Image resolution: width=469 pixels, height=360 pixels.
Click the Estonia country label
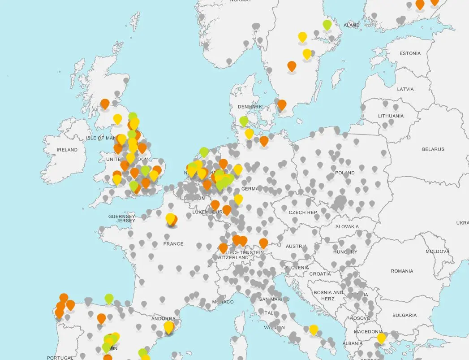pyautogui.click(x=410, y=53)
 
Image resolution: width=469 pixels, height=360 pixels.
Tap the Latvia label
pyautogui.click(x=405, y=89)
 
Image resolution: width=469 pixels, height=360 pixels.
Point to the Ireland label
pyautogui.click(x=67, y=150)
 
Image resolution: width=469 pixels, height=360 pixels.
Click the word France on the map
pyautogui.click(x=173, y=244)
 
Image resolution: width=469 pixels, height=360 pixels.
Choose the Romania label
pyautogui.click(x=402, y=271)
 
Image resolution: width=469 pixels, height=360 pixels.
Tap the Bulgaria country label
pyautogui.click(x=404, y=316)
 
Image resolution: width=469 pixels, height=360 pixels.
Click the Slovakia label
pyautogui.click(x=347, y=227)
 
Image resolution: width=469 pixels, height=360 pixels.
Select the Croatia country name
pyautogui.click(x=320, y=274)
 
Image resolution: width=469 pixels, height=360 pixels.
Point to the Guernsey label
pyautogui.click(x=122, y=217)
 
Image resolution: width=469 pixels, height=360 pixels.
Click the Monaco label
pyautogui.click(x=223, y=302)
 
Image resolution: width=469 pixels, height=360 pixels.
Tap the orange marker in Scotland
pyautogui.click(x=105, y=104)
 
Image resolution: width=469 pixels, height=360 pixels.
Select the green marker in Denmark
pyautogui.click(x=244, y=121)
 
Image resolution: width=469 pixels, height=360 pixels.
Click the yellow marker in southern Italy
pyautogui.click(x=314, y=329)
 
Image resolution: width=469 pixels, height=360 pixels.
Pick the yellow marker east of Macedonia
pyautogui.click(x=381, y=337)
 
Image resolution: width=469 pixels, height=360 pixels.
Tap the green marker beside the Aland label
pyautogui.click(x=327, y=24)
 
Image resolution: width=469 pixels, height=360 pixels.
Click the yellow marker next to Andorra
pyautogui.click(x=168, y=327)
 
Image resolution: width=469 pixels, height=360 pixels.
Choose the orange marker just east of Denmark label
pyautogui.click(x=282, y=104)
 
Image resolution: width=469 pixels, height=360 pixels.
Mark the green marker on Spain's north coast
pyautogui.click(x=109, y=298)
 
